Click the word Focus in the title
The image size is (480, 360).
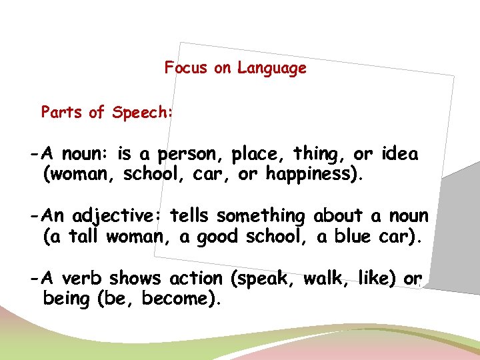pos(187,68)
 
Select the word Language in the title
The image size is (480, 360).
pos(271,69)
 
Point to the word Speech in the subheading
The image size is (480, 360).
pos(141,113)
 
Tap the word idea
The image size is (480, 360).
pos(400,155)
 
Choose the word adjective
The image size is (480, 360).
pos(119,217)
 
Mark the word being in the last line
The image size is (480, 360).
pos(66,299)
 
